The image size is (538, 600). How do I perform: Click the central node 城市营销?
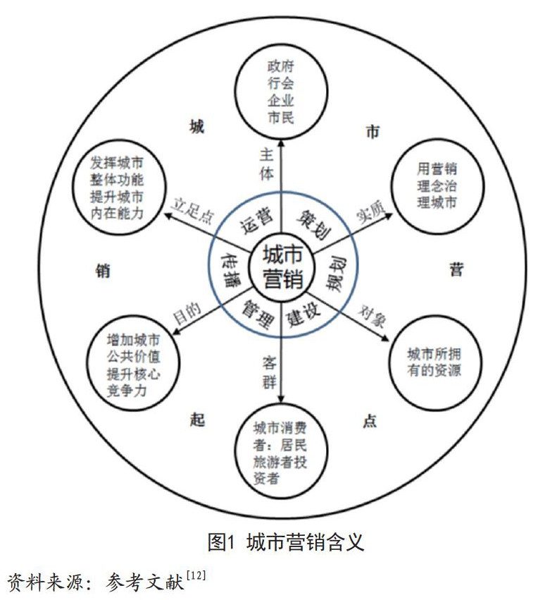pyautogui.click(x=282, y=266)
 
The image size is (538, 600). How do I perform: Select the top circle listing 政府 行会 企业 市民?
pyautogui.click(x=280, y=92)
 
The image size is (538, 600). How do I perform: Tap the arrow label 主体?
pyautogui.click(x=264, y=164)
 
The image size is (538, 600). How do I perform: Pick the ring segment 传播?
pyautogui.click(x=231, y=266)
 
